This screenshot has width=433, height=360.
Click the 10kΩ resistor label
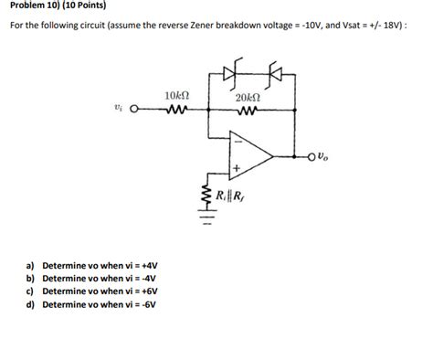click(x=176, y=96)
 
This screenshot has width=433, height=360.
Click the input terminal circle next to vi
click(x=134, y=113)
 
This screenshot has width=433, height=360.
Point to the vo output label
click(x=326, y=156)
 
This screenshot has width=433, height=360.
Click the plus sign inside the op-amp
click(x=236, y=169)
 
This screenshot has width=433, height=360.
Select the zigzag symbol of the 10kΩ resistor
click(x=177, y=113)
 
